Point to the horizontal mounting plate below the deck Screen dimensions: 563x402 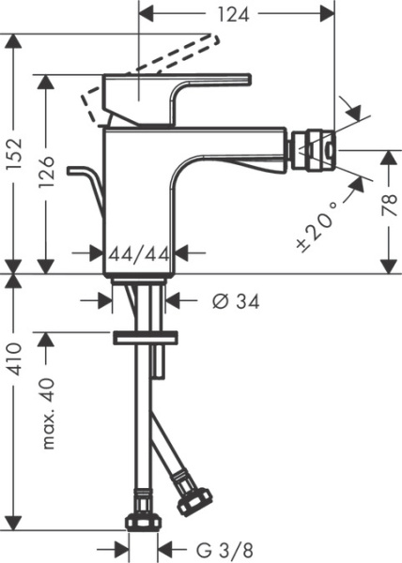145,337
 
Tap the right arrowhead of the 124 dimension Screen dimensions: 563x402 329,15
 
